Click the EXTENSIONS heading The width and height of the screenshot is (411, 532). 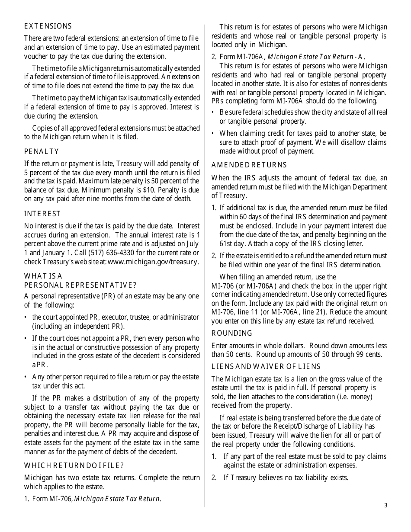click(x=48, y=26)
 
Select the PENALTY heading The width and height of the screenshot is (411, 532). click(x=41, y=152)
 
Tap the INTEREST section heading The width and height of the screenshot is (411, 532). click(x=42, y=214)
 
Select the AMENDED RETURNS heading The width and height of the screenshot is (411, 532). click(x=249, y=165)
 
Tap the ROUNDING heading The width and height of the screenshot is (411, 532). click(x=231, y=333)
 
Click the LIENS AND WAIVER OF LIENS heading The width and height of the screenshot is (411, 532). click(x=266, y=367)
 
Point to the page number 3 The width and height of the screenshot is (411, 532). click(x=385, y=506)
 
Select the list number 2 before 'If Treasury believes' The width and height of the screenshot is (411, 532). click(x=214, y=478)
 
